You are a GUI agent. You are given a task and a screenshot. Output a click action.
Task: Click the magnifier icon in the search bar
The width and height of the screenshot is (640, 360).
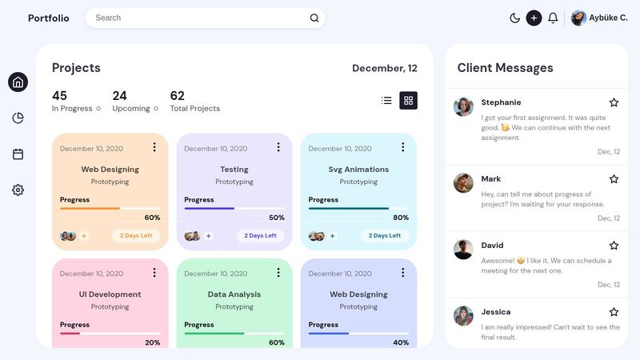(314, 18)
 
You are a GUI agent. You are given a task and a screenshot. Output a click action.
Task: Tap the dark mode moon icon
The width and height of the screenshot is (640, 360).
(514, 18)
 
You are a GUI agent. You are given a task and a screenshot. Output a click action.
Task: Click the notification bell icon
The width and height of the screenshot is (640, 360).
(553, 18)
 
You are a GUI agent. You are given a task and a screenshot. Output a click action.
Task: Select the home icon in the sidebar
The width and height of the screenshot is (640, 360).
(18, 82)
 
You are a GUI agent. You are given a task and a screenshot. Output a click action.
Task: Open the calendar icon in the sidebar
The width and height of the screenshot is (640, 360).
(18, 154)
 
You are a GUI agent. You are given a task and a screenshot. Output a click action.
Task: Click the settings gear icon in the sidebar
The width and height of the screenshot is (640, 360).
(18, 190)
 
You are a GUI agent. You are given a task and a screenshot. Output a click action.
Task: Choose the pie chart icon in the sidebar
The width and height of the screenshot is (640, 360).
(18, 118)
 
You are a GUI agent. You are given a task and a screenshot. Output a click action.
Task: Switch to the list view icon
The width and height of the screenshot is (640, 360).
(386, 100)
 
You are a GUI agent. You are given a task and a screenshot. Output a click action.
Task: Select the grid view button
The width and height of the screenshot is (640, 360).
(408, 100)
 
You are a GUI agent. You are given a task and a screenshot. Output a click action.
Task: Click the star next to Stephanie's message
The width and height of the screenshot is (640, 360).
(614, 102)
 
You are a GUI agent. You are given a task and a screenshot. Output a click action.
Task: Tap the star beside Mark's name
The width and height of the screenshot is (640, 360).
(614, 179)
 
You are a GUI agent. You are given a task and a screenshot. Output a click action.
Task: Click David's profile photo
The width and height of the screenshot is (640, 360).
(463, 249)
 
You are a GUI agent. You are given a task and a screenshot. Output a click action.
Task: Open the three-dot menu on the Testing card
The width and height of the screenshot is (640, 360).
(278, 147)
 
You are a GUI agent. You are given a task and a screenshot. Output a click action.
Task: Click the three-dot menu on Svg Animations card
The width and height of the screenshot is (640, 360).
(402, 147)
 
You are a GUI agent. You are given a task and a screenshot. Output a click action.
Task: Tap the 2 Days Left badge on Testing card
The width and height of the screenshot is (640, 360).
(260, 236)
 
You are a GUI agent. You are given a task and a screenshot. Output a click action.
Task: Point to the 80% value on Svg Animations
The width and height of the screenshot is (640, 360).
(401, 218)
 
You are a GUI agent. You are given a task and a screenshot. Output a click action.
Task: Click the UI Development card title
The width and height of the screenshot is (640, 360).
(110, 294)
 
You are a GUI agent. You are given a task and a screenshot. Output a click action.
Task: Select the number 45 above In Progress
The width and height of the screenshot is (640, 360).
(59, 96)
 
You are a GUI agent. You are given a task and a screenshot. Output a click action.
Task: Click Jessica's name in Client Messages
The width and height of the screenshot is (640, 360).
(495, 311)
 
